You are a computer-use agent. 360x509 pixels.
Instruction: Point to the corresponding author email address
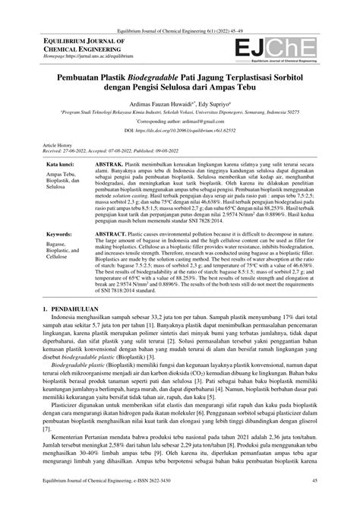(x=197, y=122)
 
